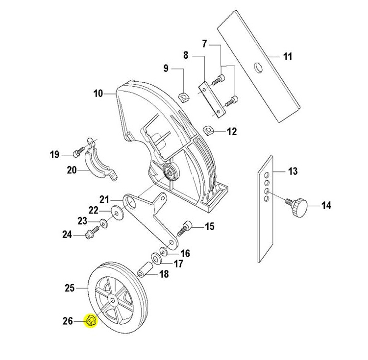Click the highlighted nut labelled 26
tap(91, 321)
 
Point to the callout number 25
tap(69, 288)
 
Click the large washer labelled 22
tap(118, 214)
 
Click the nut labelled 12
tap(208, 131)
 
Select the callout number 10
tap(98, 93)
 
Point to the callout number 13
tap(293, 171)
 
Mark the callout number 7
tap(204, 45)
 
